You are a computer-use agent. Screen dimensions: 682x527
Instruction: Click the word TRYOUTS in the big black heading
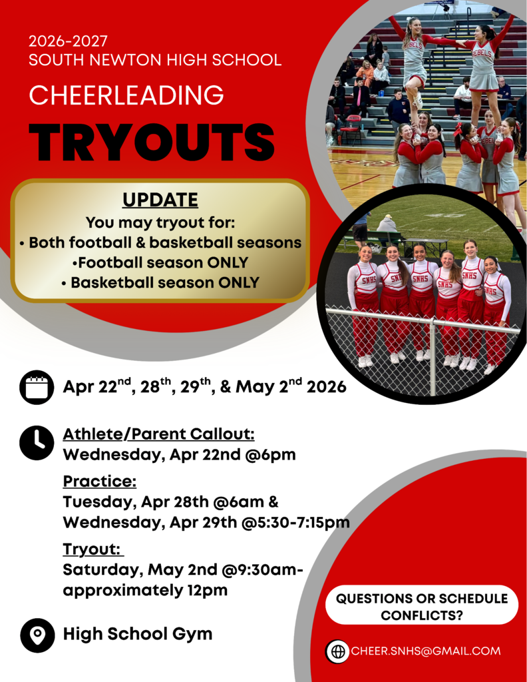152,143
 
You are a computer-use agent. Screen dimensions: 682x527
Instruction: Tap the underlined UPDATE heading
160,200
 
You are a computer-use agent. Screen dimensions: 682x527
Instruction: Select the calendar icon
37,387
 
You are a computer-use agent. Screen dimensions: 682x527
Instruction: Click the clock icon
37,442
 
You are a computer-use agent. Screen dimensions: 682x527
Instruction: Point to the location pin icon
37,635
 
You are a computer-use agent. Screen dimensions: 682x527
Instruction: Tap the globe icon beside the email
338,651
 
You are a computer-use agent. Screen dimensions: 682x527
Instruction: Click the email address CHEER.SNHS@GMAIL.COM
425,651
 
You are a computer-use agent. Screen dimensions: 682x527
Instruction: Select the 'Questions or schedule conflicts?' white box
421,606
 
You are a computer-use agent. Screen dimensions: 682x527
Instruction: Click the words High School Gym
138,634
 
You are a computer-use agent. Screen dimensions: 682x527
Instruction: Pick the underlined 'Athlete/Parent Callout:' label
158,434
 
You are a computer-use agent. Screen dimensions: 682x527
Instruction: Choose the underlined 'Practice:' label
99,481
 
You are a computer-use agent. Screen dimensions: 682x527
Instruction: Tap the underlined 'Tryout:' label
92,549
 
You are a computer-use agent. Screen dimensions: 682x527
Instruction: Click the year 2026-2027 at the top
68,41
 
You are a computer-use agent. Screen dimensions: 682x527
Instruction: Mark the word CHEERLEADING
126,95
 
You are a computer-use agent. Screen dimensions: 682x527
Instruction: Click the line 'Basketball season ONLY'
160,282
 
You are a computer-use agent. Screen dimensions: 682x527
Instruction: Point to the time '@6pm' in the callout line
277,456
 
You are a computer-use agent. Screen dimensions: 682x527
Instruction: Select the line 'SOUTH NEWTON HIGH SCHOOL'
154,60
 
